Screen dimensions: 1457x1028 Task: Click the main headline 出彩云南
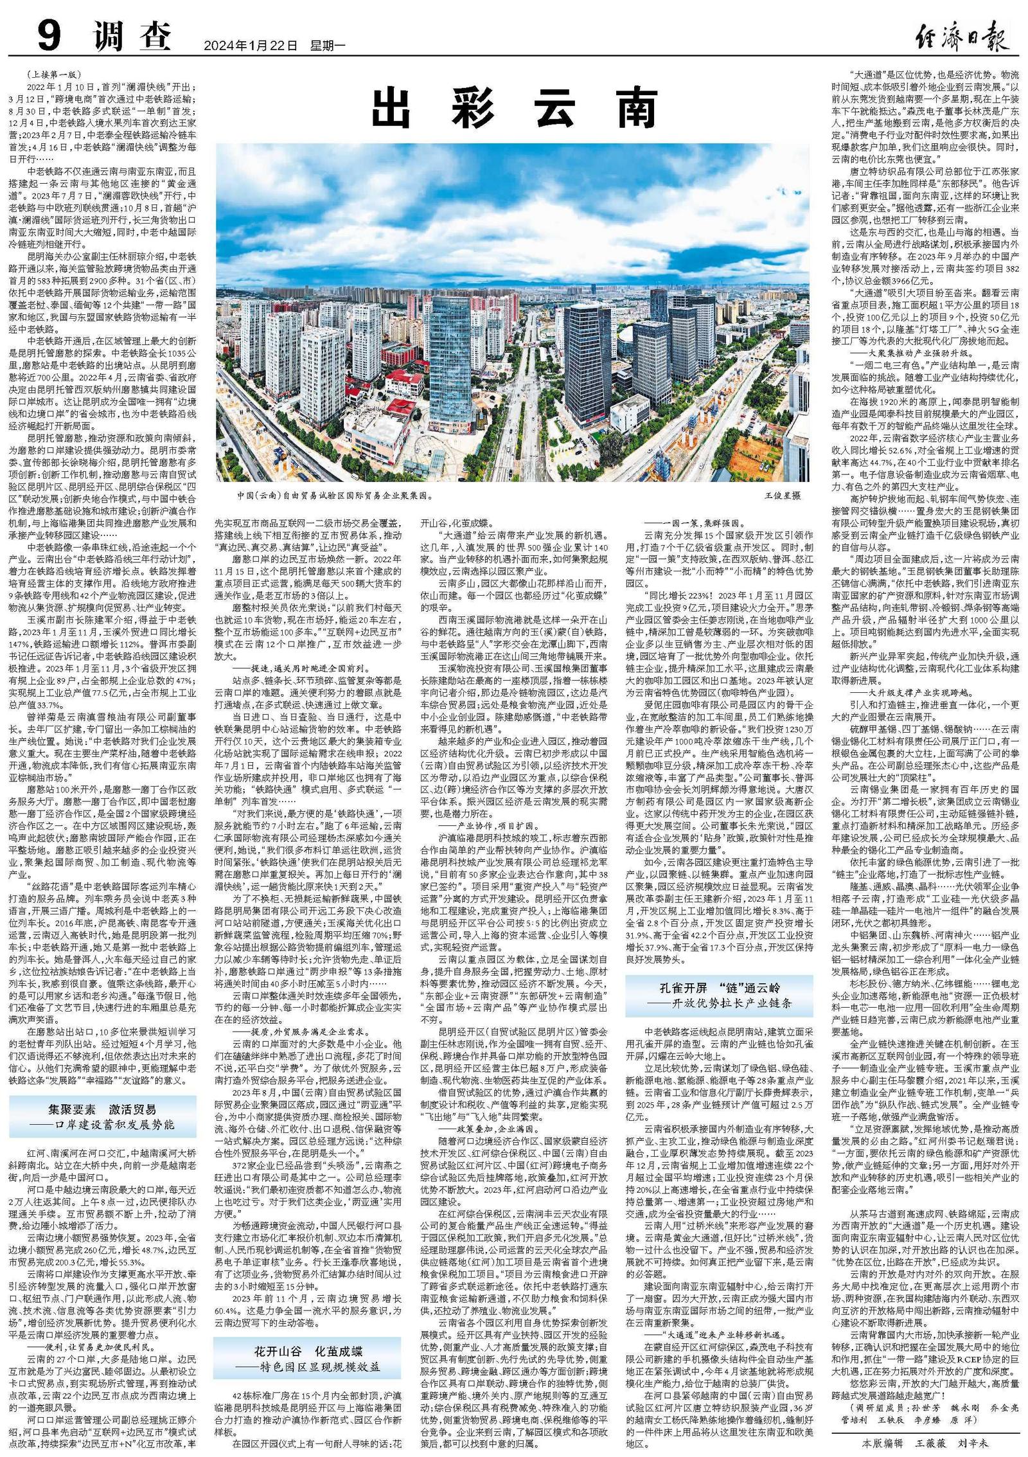click(x=513, y=109)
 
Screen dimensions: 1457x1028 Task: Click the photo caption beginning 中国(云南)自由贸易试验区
click(x=335, y=496)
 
